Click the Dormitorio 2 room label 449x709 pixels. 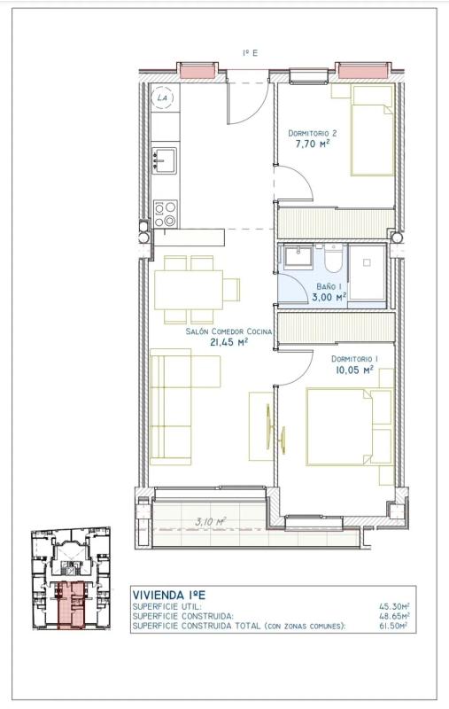pyautogui.click(x=313, y=134)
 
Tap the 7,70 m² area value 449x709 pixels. pyautogui.click(x=312, y=144)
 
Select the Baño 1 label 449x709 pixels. pyautogui.click(x=329, y=286)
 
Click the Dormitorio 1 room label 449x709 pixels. pyautogui.click(x=354, y=359)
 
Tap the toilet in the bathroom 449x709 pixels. pyautogui.click(x=333, y=258)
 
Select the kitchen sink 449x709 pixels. pyautogui.click(x=165, y=160)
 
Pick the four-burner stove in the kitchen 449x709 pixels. pyautogui.click(x=166, y=214)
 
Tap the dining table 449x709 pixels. pyautogui.click(x=189, y=290)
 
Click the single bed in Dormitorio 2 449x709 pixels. pyautogui.click(x=372, y=130)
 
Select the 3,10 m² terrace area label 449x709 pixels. pyautogui.click(x=211, y=521)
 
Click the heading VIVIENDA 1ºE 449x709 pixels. pyautogui.click(x=169, y=595)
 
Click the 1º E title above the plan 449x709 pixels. pyautogui.click(x=250, y=53)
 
